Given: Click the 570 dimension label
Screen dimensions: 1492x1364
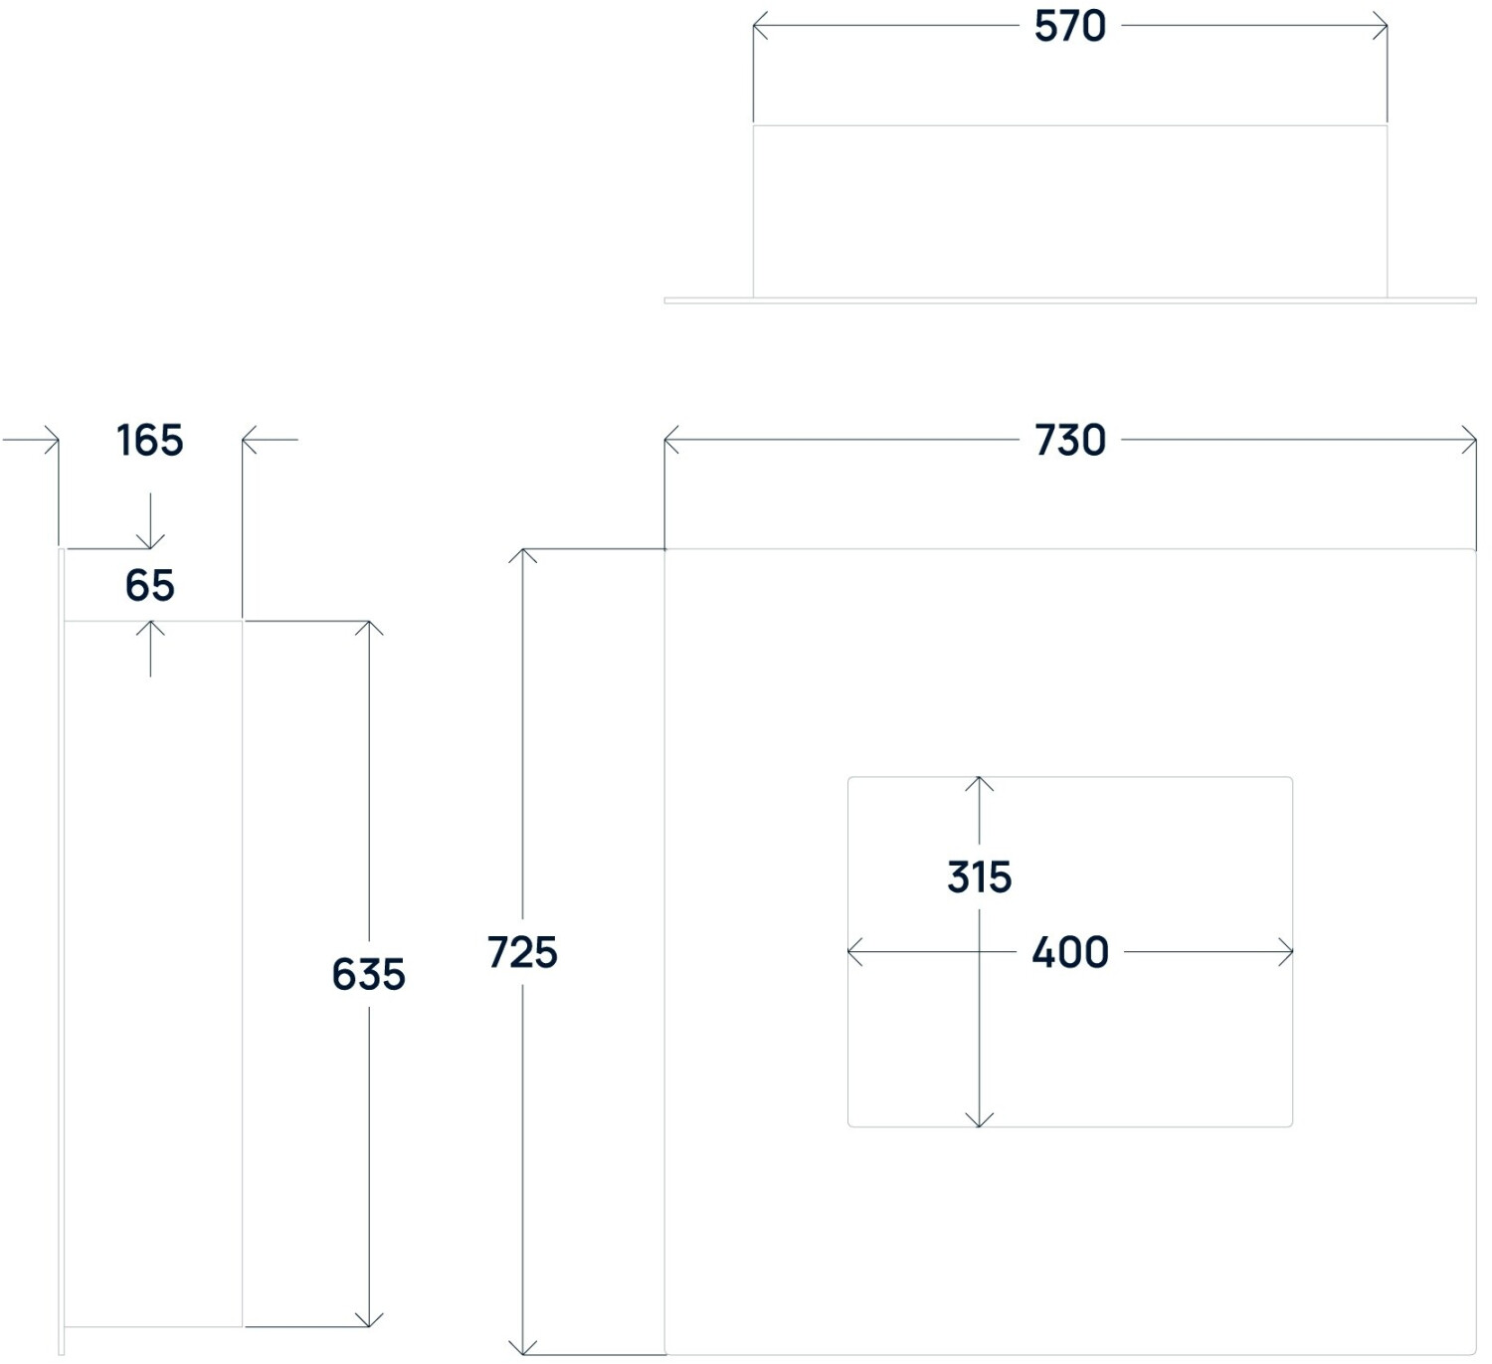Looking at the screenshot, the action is pos(1069,27).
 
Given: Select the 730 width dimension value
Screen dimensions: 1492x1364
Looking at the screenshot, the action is pos(1069,441).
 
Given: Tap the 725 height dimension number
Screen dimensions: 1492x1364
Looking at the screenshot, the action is pos(522,953).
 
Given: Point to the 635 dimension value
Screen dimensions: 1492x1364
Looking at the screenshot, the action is pos(368,975).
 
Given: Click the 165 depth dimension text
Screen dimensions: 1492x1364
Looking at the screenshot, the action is pos(150,441).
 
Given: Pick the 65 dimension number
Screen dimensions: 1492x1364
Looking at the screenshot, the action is pos(150,586).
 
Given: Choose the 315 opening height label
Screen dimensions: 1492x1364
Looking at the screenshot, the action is pos(979,877).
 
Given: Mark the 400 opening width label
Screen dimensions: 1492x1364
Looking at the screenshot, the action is pos(1069,953).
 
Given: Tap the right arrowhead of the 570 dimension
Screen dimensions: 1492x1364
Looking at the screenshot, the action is pos(1384,27).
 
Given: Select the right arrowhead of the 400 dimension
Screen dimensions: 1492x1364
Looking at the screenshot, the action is pos(1289,953).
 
